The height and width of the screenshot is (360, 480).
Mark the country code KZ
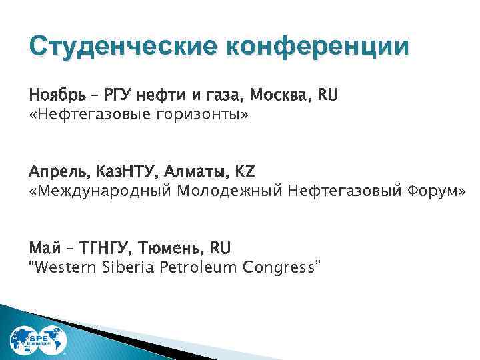tap(244, 173)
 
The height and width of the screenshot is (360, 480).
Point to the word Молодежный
tap(230, 192)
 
